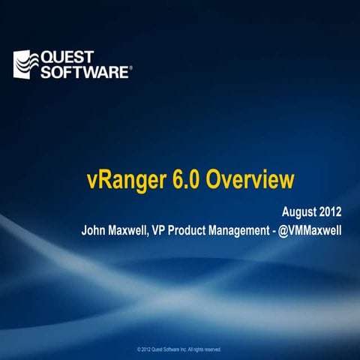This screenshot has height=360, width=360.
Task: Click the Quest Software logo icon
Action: pyautogui.click(x=26, y=64)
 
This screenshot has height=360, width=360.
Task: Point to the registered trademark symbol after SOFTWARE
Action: pyautogui.click(x=131, y=67)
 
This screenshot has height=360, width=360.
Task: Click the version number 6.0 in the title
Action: pyautogui.click(x=187, y=181)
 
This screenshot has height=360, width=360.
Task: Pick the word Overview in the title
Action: pyautogui.click(x=250, y=181)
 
